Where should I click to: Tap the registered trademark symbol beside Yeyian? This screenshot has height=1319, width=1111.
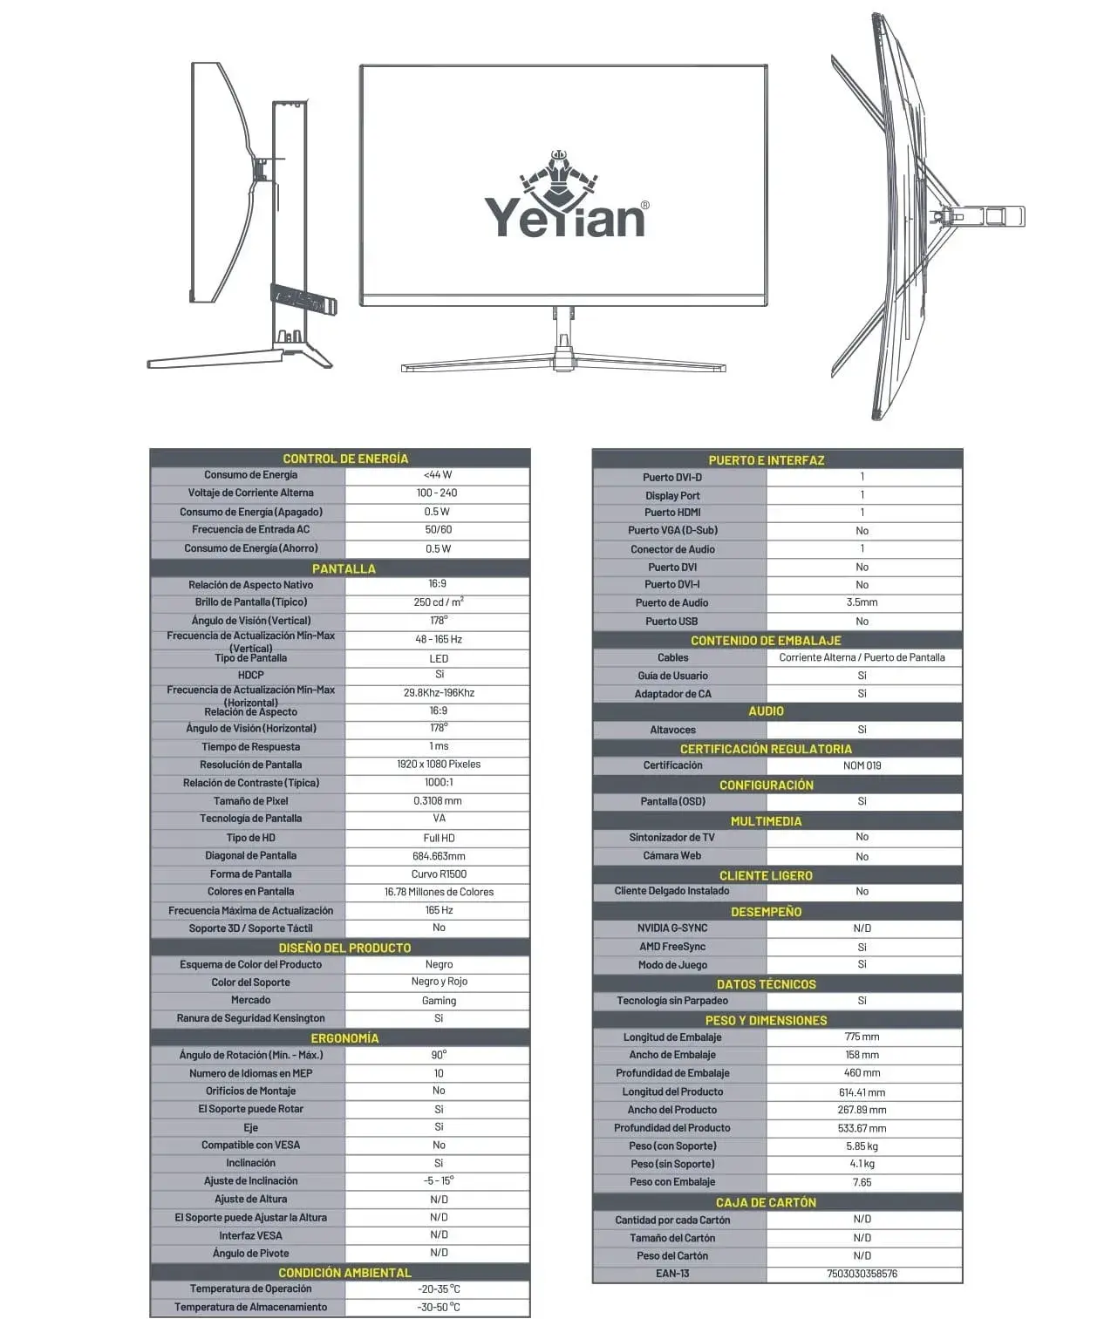coord(644,206)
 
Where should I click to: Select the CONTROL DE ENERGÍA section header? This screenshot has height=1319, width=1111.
coord(345,459)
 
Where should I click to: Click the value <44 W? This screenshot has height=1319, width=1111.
coord(438,475)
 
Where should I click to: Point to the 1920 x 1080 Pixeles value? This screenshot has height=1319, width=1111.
coord(439,765)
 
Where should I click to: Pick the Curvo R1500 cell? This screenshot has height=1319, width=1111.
coord(439,874)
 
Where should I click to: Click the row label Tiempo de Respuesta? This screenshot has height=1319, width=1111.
coord(250,747)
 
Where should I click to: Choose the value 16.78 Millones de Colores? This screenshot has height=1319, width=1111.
coord(439,892)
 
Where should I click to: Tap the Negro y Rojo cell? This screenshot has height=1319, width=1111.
coord(439,982)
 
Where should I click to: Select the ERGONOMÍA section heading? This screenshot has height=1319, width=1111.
coord(345,1038)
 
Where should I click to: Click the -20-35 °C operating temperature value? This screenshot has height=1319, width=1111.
coord(439,1289)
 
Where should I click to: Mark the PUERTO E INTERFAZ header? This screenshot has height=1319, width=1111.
coord(767,460)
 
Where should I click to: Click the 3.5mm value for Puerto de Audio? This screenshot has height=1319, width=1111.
coord(862,602)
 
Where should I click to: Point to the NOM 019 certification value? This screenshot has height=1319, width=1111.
coord(862,765)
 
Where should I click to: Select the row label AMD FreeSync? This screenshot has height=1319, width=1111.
coord(672,947)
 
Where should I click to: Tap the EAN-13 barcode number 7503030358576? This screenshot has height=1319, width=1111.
coord(862,1274)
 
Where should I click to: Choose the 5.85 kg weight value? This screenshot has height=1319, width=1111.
coord(862,1146)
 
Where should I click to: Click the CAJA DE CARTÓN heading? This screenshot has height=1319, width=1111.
coord(767,1202)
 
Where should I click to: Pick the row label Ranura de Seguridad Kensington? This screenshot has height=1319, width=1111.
coord(250,1018)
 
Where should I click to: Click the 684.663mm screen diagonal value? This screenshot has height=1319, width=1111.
coord(439,856)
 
